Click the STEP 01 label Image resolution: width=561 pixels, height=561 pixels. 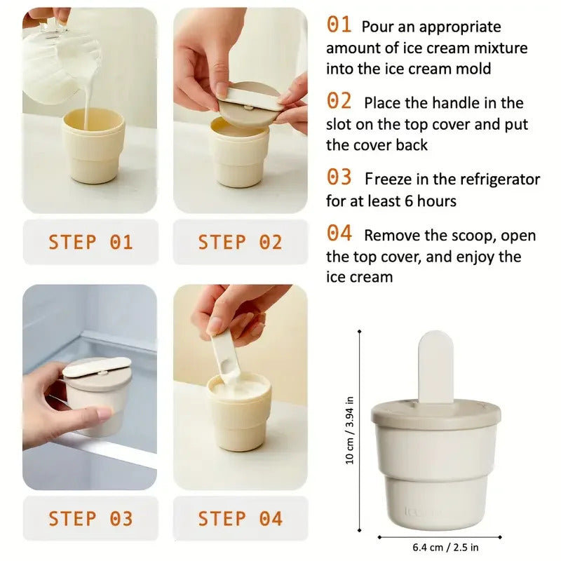(90, 243)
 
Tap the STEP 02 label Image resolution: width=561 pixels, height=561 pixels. (240, 243)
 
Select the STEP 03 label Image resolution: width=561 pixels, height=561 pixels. (90, 519)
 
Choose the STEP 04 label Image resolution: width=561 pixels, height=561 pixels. (240, 519)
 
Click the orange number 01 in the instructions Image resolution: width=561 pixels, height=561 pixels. (339, 25)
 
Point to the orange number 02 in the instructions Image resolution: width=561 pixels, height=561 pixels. (339, 102)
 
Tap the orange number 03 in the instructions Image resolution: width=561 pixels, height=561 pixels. (339, 178)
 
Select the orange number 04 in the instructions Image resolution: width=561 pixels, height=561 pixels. (339, 234)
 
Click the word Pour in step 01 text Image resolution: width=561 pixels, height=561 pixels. (377, 27)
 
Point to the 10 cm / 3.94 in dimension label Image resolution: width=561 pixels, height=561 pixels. (350, 429)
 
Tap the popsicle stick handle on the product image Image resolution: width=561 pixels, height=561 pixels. (435, 366)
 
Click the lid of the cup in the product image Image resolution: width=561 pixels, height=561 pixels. (435, 414)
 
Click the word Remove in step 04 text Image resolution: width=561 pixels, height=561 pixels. (390, 236)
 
